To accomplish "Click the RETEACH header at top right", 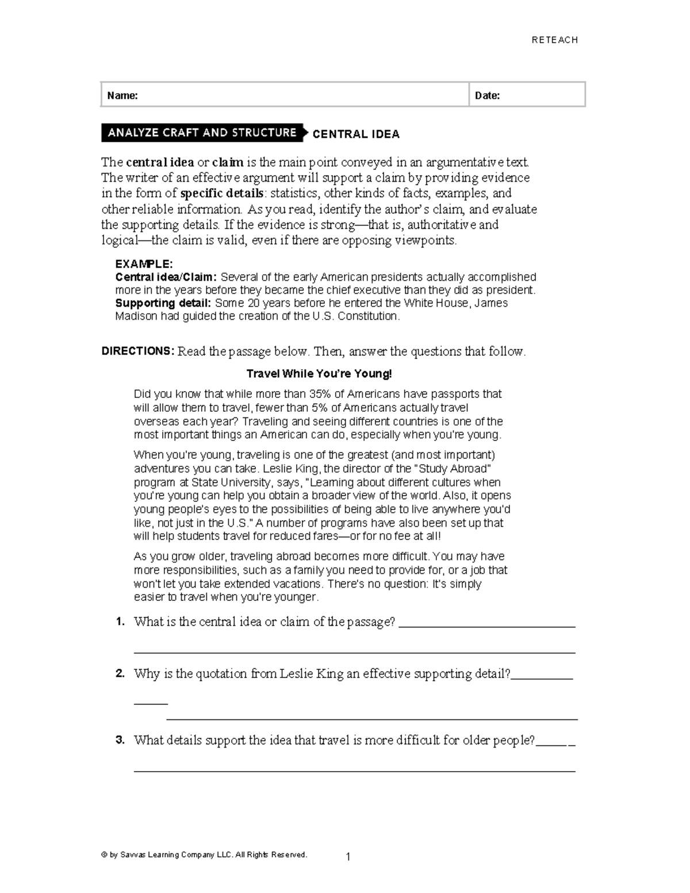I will tap(554, 40).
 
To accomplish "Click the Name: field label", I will tap(122, 95).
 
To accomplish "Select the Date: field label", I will tap(487, 95).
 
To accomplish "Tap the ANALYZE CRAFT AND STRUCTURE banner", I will tap(202, 133).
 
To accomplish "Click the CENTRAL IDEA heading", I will tap(355, 134).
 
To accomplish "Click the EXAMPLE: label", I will tap(144, 264).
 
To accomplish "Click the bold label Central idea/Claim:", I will tap(166, 277).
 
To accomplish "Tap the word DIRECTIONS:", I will tap(137, 351).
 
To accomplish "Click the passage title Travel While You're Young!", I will tap(319, 374).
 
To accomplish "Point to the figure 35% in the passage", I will tap(320, 394).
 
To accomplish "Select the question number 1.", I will tap(120, 622).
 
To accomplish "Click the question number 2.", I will tap(120, 674).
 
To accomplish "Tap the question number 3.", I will tap(120, 740).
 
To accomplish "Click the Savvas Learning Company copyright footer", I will tap(204, 854).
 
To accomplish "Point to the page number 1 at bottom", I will tap(348, 857).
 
